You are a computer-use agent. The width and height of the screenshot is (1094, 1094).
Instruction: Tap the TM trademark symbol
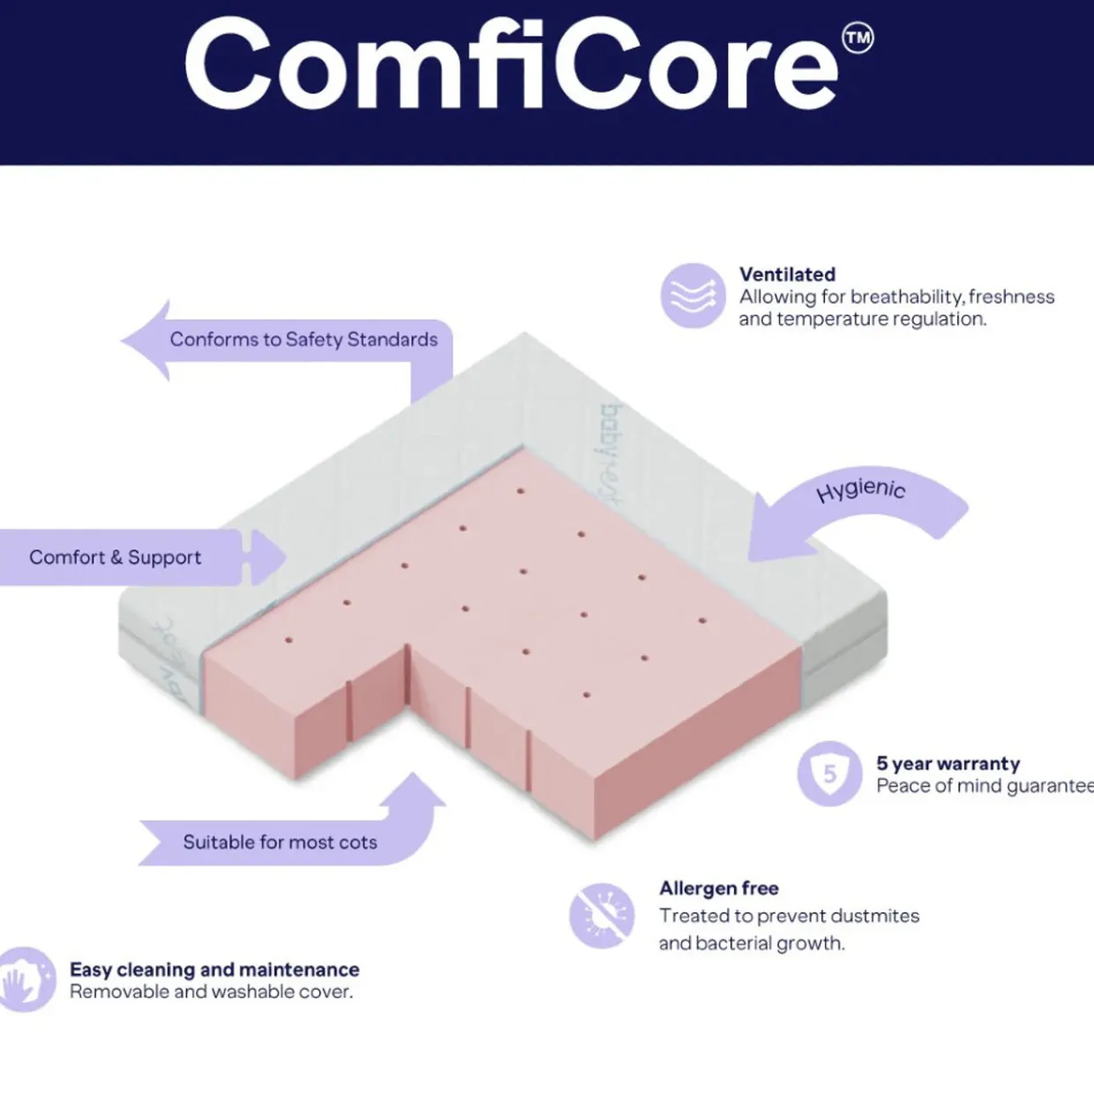point(858,39)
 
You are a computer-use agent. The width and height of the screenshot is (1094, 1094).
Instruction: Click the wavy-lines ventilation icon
point(693,296)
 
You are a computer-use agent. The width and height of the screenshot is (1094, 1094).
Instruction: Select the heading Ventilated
point(787,274)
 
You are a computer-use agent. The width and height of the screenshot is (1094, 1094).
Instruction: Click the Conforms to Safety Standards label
point(303,340)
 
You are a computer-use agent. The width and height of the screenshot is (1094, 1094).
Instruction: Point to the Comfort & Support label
point(115,558)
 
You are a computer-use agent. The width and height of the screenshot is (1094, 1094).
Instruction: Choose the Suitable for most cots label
point(280,843)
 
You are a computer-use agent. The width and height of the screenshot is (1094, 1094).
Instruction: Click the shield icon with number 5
point(829,774)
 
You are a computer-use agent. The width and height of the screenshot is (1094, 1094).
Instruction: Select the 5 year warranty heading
point(948,763)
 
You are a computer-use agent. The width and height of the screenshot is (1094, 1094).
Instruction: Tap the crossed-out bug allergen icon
point(602,915)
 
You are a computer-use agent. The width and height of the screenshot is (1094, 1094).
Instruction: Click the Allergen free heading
point(718,888)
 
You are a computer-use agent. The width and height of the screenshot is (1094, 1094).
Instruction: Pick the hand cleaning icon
point(24,979)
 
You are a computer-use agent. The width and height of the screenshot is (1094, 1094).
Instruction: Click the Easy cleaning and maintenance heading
point(214,970)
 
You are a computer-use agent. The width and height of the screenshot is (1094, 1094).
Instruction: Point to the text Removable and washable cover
point(211,992)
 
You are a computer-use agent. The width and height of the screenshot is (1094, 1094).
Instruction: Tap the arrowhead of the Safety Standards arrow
point(146,341)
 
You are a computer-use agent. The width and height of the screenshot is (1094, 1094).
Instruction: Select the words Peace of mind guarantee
point(984,786)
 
